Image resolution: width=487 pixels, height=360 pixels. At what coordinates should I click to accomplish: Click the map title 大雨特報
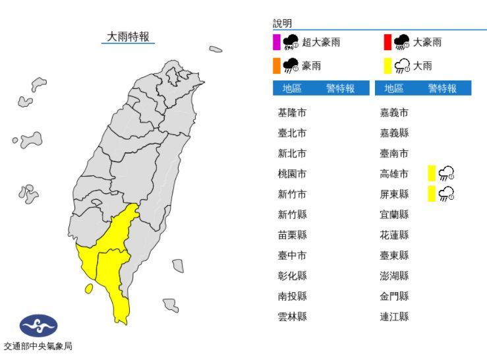[129, 37]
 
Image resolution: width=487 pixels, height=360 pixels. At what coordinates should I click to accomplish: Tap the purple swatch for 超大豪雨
[277, 43]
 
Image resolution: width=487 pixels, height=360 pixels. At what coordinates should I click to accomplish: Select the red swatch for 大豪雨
[387, 43]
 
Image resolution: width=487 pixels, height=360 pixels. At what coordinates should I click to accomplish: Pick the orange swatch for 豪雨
[277, 65]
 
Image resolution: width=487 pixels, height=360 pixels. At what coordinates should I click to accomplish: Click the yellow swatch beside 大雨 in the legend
[387, 65]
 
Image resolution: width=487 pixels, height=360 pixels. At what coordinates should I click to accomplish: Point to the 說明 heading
[282, 23]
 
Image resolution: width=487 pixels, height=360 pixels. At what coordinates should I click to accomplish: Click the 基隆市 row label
[292, 113]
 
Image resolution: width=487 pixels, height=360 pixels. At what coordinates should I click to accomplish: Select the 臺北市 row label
[292, 133]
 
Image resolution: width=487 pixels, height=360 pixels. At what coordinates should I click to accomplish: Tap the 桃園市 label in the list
[292, 174]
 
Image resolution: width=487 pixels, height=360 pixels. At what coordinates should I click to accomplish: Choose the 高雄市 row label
[395, 174]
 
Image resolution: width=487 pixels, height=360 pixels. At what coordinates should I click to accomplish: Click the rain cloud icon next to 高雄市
[447, 174]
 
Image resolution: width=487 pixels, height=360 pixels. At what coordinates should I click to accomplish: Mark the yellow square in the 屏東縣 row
[432, 194]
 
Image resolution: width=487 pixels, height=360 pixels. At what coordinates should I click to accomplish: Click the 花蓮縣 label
[395, 235]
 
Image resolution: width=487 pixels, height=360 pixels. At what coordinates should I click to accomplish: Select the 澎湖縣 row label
[395, 276]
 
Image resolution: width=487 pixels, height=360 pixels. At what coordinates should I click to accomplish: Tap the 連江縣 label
[395, 316]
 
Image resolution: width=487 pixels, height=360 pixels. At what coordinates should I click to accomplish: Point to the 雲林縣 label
[292, 316]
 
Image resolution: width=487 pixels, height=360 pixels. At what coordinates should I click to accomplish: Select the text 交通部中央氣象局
[38, 346]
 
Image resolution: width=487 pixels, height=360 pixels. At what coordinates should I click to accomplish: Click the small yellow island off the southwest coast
[88, 288]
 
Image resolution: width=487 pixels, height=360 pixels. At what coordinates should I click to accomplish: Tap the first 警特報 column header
[339, 88]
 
